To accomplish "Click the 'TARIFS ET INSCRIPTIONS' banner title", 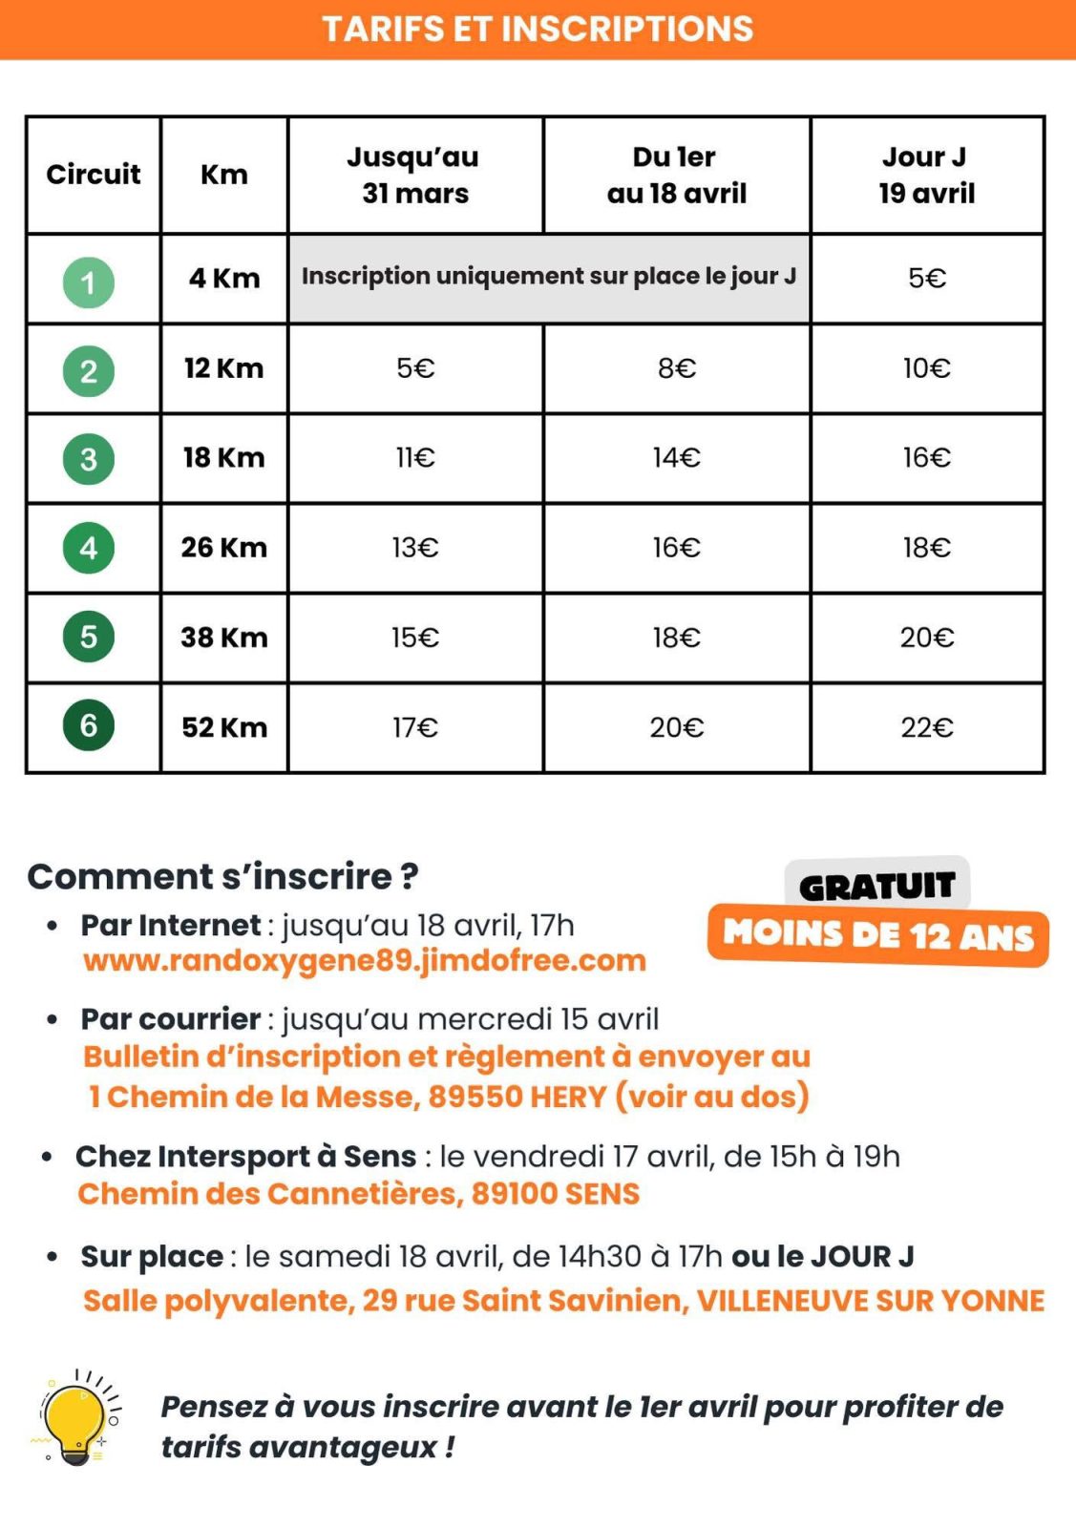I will [538, 29].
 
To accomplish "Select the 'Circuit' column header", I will [93, 174].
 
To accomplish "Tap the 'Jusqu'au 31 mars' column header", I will [414, 175].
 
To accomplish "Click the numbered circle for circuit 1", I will [89, 282].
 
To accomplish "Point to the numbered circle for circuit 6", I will [89, 725].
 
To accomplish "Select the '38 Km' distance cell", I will [224, 637].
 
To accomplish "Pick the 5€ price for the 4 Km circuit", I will [926, 278].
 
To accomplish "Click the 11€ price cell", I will [415, 458].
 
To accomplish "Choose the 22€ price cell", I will [926, 727].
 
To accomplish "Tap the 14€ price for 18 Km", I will [676, 458].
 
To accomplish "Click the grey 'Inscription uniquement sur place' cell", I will [548, 277].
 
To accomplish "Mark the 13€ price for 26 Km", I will [415, 548].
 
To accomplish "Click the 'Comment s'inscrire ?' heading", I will [222, 876].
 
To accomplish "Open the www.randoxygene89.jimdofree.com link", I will [365, 960].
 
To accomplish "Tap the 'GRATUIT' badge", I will [876, 886].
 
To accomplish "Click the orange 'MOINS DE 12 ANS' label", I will [877, 935].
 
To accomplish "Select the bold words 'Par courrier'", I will [170, 1019].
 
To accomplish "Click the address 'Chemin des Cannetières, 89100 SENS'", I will [359, 1194].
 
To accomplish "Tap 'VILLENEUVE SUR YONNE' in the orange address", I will [870, 1301].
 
